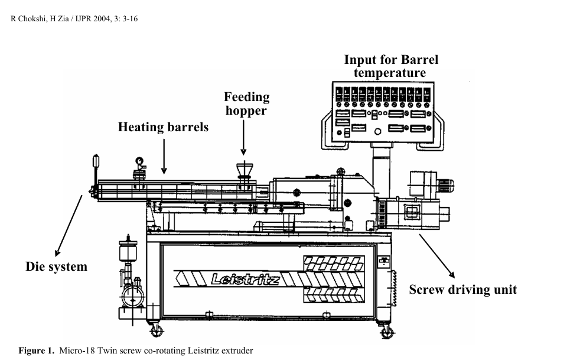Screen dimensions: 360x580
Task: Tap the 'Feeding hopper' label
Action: point(246,103)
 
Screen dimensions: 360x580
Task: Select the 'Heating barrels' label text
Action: point(163,127)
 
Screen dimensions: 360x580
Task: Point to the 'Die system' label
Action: point(57,267)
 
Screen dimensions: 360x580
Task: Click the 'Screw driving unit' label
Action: point(462,290)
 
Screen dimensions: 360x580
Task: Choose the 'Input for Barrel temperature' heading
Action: point(391,66)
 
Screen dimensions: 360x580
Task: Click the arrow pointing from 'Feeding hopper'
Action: point(243,137)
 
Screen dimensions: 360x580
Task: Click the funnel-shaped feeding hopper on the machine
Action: point(242,169)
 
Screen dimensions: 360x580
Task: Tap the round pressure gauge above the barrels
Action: point(139,160)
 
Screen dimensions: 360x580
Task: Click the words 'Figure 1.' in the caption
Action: point(37,351)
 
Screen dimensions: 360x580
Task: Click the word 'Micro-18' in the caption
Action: point(74,351)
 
